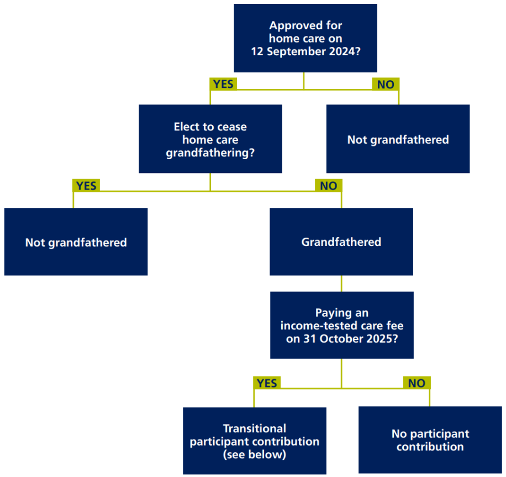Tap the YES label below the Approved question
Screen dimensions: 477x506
tap(223, 84)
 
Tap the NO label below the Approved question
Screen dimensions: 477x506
tap(386, 84)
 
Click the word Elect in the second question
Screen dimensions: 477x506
tap(186, 127)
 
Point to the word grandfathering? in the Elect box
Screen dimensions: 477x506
tap(210, 153)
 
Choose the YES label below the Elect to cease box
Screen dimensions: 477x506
tap(86, 186)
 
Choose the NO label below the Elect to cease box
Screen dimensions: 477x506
tap(328, 186)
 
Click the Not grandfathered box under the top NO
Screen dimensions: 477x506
tap(398, 139)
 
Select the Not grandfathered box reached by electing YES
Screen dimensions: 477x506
tap(76, 242)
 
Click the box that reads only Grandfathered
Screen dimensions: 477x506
tap(341, 242)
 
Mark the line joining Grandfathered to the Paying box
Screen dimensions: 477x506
tap(341, 284)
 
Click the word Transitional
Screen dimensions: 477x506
tap(255, 428)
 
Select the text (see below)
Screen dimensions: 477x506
tap(255, 454)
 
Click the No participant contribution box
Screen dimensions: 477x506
tap(430, 440)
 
